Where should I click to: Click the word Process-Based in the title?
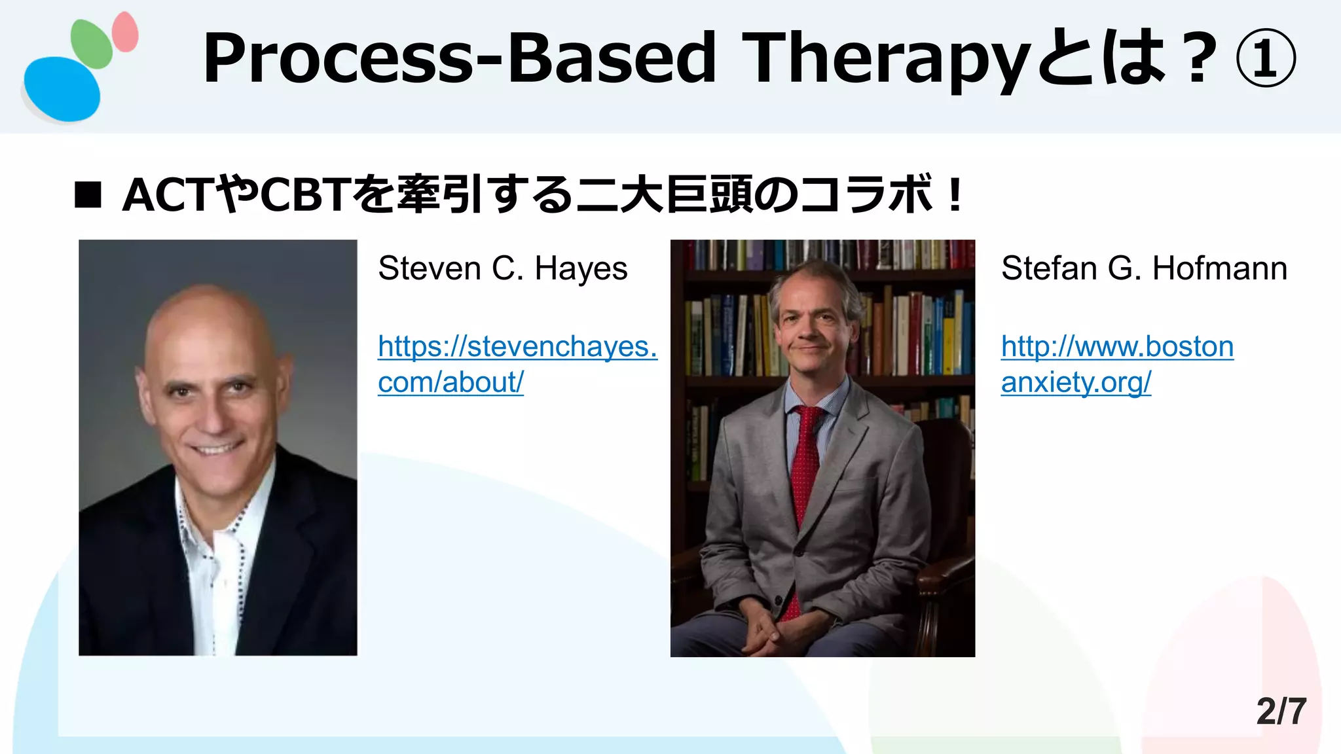click(x=458, y=59)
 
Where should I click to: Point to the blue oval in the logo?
click(x=62, y=89)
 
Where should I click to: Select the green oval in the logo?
click(x=91, y=43)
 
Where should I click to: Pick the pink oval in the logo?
click(x=125, y=31)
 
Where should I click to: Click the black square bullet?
click(x=88, y=195)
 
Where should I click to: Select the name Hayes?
click(x=581, y=268)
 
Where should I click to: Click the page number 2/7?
click(x=1281, y=711)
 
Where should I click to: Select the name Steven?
click(x=429, y=268)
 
